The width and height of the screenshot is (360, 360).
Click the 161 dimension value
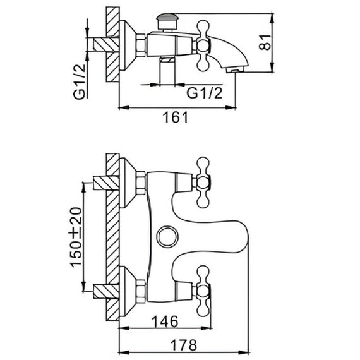[x=176, y=117]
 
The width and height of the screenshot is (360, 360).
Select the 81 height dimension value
[x=265, y=42]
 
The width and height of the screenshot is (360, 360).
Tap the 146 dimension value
[x=165, y=321]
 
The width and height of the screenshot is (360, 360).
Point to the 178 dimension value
[x=184, y=345]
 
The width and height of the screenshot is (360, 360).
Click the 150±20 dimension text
[x=76, y=237]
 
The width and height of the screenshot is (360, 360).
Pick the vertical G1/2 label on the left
[x=80, y=81]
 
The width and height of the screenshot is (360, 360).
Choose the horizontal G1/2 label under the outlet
[x=205, y=93]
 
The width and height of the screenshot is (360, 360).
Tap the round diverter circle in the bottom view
[x=167, y=237]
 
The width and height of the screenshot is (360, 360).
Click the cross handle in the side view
[x=203, y=45]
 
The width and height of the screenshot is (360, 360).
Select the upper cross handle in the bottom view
[x=203, y=183]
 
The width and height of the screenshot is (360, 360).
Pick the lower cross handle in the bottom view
[x=203, y=291]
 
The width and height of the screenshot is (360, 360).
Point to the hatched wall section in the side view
[x=112, y=44]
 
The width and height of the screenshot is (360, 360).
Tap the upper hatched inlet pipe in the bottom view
[x=106, y=183]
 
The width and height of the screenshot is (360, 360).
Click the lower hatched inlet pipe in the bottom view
[x=106, y=291]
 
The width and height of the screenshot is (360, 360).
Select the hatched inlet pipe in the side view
[x=106, y=44]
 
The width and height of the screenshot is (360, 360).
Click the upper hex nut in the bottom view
[x=140, y=183]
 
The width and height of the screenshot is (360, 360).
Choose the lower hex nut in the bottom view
[x=140, y=291]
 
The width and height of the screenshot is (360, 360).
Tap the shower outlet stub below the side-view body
[x=167, y=70]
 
